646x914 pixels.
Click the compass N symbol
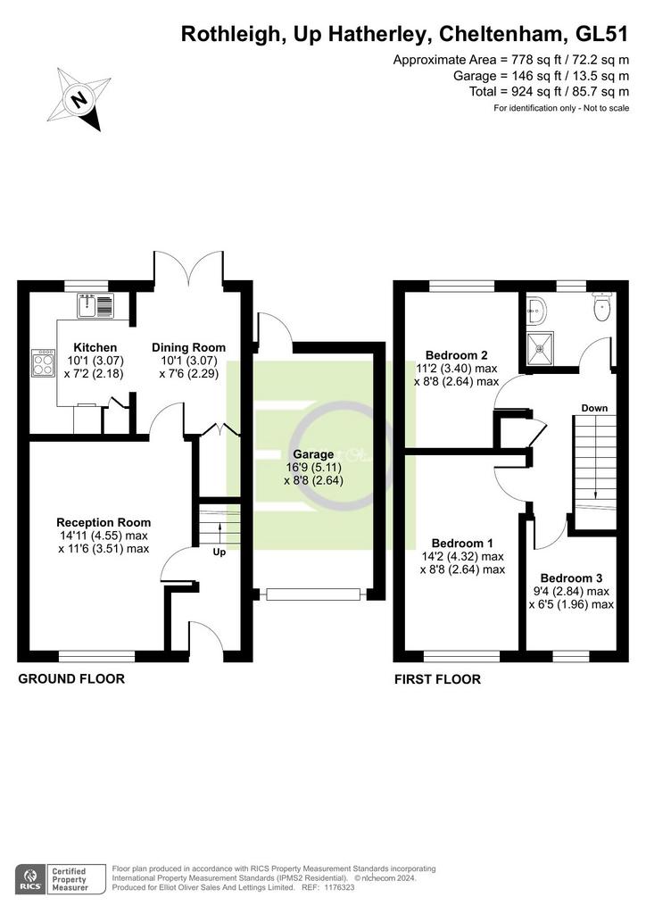79,99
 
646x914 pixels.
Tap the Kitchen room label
95,347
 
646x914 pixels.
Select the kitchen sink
95,305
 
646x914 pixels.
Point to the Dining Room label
188,347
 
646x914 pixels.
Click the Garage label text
313,454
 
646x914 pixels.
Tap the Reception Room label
104,522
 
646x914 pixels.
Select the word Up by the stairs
219,552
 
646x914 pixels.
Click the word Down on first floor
594,408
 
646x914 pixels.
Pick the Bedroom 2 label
456,355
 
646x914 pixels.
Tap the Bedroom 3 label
571,578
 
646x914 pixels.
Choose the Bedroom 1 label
462,544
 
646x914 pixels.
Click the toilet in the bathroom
601,306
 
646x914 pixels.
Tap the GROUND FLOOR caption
71,678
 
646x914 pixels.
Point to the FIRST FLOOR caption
437,679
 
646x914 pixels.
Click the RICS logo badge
29,879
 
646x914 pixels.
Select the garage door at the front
313,594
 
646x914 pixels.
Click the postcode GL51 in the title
601,35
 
